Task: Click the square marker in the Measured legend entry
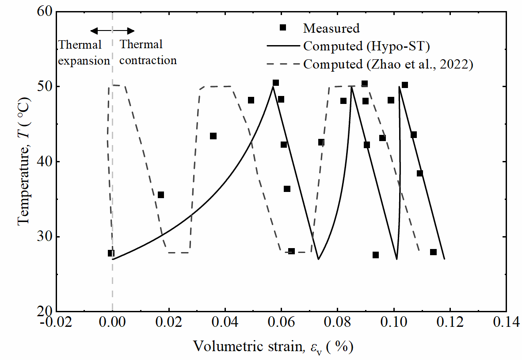click(x=283, y=28)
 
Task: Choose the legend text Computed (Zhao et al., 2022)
click(x=389, y=65)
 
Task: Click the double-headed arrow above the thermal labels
click(x=112, y=31)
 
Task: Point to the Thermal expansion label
click(x=84, y=53)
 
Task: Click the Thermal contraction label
click(x=148, y=53)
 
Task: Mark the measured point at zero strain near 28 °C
click(x=111, y=253)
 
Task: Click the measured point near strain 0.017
click(x=161, y=195)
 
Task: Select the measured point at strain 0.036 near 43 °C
click(x=213, y=136)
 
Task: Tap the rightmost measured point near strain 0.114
click(x=433, y=252)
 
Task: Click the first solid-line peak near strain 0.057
click(x=273, y=87)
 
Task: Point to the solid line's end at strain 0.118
click(x=444, y=259)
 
